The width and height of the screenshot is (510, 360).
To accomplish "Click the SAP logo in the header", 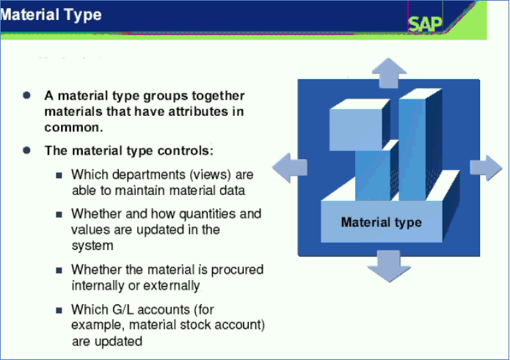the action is click(425, 23).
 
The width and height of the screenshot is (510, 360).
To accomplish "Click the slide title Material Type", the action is click(51, 15).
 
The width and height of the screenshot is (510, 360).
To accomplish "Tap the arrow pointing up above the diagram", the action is click(389, 73).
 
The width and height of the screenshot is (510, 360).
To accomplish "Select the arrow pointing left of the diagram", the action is click(290, 168).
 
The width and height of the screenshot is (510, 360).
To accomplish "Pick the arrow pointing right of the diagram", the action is click(487, 168).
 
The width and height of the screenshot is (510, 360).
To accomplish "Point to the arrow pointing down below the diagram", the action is click(389, 266).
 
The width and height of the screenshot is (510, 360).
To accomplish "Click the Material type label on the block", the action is click(381, 222).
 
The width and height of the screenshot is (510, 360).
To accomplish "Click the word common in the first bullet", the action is click(73, 128).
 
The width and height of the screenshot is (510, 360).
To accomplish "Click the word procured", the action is click(237, 270).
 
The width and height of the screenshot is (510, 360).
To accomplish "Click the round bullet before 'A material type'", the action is click(26, 95).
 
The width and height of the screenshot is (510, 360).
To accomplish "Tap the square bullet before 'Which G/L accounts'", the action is click(59, 311).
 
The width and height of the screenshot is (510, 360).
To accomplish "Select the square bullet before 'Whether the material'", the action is click(59, 271).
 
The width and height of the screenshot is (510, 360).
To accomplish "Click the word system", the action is click(92, 246).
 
